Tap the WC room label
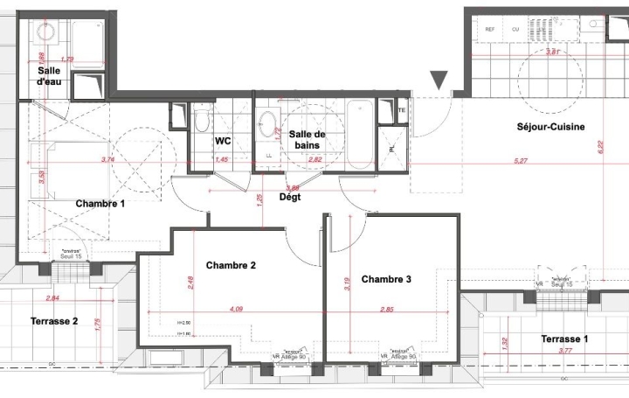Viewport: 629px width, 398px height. click(223, 140)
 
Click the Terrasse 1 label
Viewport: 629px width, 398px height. click(563, 339)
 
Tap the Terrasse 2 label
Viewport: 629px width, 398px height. click(53, 321)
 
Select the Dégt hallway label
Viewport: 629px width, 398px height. click(290, 198)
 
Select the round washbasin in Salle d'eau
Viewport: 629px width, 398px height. click(46, 32)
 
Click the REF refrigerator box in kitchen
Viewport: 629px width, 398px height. click(489, 29)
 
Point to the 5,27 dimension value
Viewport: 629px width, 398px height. click(521, 161)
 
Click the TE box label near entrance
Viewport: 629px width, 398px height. click(401, 111)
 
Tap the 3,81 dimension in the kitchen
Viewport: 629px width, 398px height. click(552, 52)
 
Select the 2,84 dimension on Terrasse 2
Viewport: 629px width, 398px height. click(52, 298)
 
